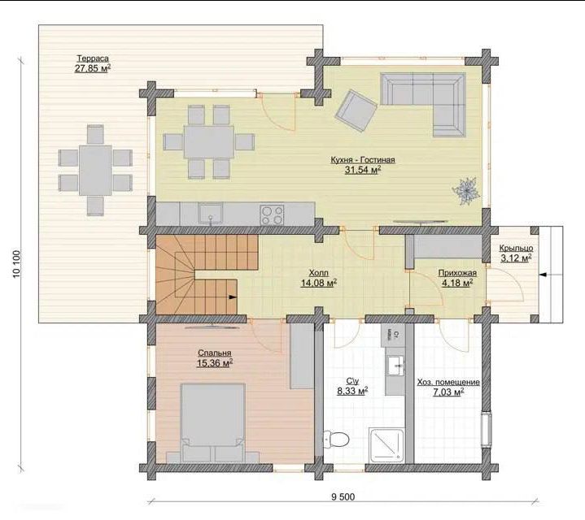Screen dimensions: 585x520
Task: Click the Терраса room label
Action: pos(93,58)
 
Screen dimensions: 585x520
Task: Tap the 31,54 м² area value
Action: pos(363,170)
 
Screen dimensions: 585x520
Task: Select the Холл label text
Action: pos(319,273)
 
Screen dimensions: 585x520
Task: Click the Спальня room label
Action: pos(215,353)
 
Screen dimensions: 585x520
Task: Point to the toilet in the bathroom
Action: pos(336,439)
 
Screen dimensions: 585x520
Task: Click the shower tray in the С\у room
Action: pos(386,445)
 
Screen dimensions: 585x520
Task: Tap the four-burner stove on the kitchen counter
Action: pos(272,215)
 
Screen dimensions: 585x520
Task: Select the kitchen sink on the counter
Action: pos(211,214)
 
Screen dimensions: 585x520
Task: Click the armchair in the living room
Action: pos(356,110)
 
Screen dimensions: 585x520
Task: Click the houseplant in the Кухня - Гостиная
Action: pos(465,192)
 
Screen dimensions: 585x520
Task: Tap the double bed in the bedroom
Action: pos(212,422)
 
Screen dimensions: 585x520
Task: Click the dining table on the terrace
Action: pos(95,171)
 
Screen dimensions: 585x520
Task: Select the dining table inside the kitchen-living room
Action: pos(208,141)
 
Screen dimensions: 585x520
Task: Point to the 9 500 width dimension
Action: pos(343,496)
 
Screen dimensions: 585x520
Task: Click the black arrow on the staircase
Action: pos(233,297)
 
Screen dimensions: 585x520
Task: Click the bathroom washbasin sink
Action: pos(395,366)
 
